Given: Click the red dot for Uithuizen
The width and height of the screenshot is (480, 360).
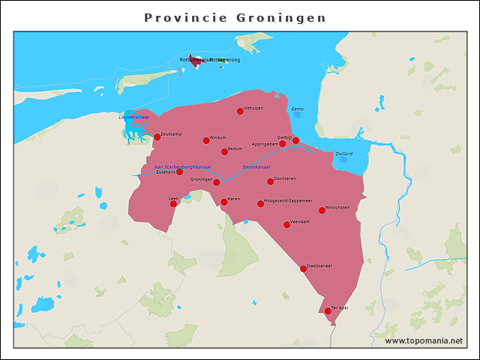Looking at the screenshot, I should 240,111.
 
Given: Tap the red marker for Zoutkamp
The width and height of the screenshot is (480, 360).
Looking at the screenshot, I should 157,137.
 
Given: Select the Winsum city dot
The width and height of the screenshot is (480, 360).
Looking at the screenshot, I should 206,140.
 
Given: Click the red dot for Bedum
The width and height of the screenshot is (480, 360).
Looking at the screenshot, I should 224,151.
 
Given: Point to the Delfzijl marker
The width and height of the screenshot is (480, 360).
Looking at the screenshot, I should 295,140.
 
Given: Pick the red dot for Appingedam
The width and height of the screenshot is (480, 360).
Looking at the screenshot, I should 283,144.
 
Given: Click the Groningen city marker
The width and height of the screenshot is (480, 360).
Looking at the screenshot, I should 217,182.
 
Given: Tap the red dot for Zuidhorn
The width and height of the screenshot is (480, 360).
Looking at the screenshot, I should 179,172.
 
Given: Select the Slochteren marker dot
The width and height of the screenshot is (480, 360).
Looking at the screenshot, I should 271,181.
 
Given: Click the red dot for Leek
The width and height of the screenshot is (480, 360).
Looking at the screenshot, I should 173,203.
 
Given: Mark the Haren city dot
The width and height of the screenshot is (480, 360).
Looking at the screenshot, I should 224,202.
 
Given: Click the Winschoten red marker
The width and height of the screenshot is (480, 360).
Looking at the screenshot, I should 322,211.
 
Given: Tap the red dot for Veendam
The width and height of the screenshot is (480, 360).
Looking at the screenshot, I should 286,224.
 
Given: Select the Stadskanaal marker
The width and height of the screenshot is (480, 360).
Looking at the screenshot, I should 303,268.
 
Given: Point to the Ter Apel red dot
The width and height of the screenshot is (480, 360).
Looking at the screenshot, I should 328,310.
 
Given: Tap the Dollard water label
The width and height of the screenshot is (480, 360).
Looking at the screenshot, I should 343,154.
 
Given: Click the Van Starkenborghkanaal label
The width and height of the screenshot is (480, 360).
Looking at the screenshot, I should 182,166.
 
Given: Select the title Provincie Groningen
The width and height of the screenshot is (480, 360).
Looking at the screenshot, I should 235,17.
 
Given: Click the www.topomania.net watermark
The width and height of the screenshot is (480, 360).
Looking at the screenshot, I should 424,341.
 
